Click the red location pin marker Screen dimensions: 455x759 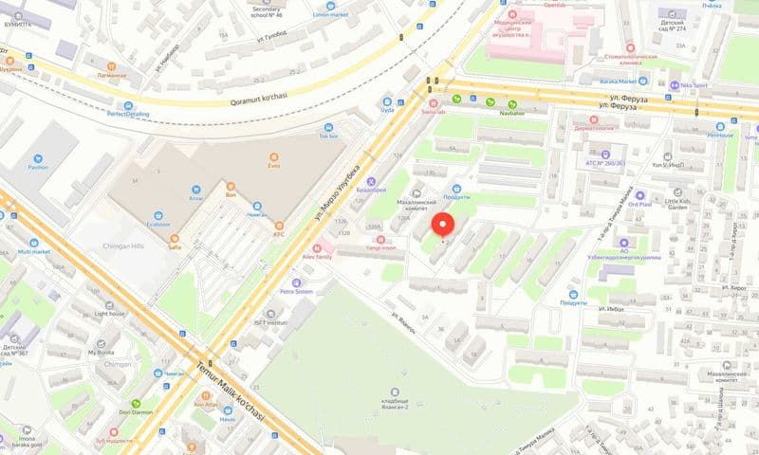(x=443, y=226)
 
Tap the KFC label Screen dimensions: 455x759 (x=279, y=233)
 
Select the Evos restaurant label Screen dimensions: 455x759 (x=274, y=161)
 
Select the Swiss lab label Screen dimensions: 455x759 (x=434, y=111)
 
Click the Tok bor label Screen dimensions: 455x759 (x=328, y=136)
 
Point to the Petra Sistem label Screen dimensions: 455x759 (x=296, y=291)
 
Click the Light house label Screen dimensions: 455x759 (x=109, y=313)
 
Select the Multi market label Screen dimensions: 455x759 (x=33, y=251)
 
